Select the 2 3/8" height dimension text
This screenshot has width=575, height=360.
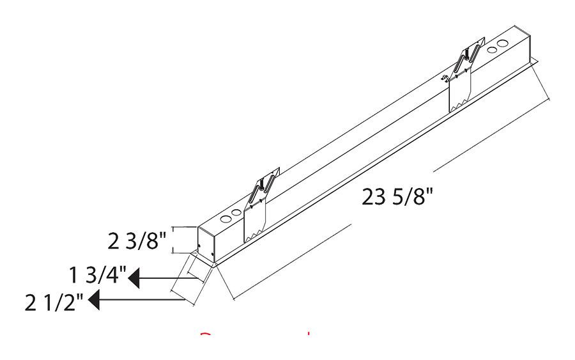coord(137,242)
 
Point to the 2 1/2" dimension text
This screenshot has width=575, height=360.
coord(55,301)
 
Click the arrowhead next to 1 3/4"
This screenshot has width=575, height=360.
coord(135,279)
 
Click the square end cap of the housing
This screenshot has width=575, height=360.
coord(206,244)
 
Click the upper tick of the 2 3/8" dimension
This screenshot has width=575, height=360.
coord(182,227)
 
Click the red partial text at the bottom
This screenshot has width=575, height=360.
coord(256,336)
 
